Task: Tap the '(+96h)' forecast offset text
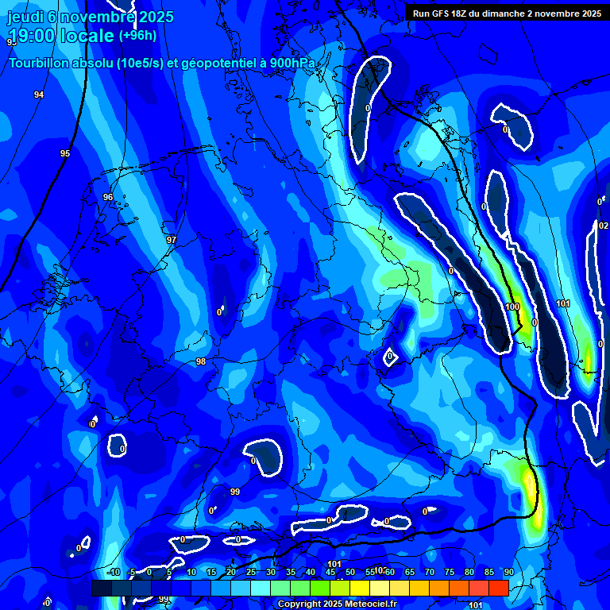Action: [137, 36]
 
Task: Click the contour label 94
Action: [39, 95]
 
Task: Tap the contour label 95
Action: [65, 153]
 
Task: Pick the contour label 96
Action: [108, 197]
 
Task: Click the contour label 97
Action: [171, 240]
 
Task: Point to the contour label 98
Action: [201, 361]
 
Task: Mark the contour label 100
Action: [512, 307]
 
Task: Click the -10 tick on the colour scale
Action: [113, 572]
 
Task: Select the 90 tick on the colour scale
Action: [508, 572]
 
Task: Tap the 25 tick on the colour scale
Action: [251, 572]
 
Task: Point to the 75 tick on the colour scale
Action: [449, 572]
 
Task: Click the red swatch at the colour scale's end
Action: [498, 588]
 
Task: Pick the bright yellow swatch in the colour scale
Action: [359, 588]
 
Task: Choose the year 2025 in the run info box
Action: [589, 14]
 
